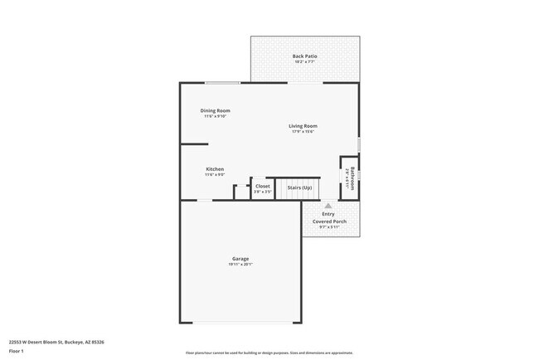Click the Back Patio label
click(x=304, y=56)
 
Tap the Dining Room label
click(x=215, y=110)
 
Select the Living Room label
click(x=303, y=126)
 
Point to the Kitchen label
click(x=215, y=169)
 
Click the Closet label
click(x=262, y=187)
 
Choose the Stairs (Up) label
click(x=299, y=187)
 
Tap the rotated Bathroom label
click(x=352, y=178)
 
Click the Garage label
click(x=240, y=259)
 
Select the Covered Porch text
click(x=329, y=221)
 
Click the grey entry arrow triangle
click(x=328, y=205)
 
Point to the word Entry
click(x=328, y=214)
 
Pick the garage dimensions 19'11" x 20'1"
click(x=240, y=265)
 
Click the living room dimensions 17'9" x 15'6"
click(x=303, y=132)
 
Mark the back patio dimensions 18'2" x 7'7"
click(x=304, y=62)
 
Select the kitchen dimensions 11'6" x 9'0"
click(x=215, y=175)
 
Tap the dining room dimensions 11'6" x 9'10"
click(x=215, y=116)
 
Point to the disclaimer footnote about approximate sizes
click(x=269, y=353)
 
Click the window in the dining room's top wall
click(x=223, y=82)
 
